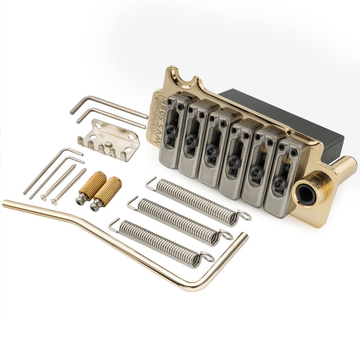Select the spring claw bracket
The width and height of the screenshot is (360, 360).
pos(109,138)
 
